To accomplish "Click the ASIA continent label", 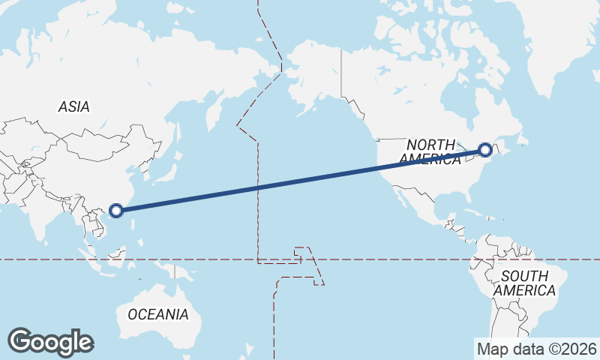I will click(x=73, y=107).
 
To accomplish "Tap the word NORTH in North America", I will click(x=430, y=144).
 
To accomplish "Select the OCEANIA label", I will click(x=158, y=313).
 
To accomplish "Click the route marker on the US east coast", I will click(x=485, y=150).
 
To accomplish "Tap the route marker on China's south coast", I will click(x=115, y=210).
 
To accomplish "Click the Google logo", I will click(x=50, y=342).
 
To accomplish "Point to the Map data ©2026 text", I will click(x=536, y=349).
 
